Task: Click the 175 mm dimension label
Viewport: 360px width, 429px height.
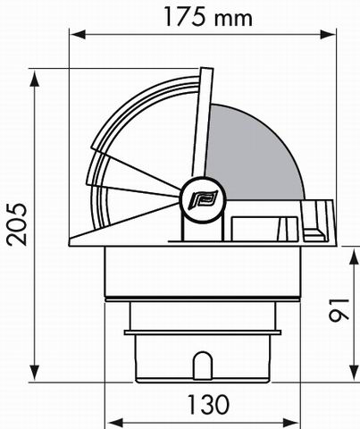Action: tap(208, 17)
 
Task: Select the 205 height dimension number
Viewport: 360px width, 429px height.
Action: tap(17, 224)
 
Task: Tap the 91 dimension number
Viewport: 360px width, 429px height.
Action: tap(339, 310)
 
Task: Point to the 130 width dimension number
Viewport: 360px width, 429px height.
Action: tap(208, 405)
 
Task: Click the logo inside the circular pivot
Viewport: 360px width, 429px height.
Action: tap(203, 199)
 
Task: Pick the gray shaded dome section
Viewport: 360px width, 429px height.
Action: tap(254, 152)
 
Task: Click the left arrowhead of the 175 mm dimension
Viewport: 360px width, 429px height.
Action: tap(78, 34)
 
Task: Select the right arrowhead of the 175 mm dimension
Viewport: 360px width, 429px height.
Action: tap(328, 34)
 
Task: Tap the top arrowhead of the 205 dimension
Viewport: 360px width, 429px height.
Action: tap(35, 78)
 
